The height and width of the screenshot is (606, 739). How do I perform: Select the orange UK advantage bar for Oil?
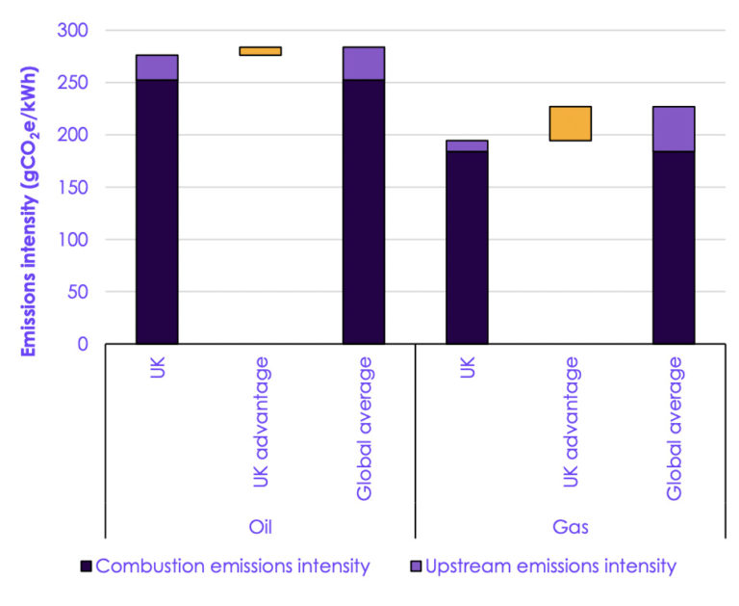(260, 51)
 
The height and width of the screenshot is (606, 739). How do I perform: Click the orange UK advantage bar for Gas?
(570, 123)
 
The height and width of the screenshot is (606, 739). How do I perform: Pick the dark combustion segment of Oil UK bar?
(157, 212)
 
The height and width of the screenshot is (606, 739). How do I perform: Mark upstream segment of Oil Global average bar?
(364, 63)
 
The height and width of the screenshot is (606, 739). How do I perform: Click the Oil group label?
(260, 527)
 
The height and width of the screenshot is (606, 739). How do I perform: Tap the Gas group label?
(570, 527)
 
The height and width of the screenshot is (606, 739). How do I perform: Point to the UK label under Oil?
(158, 367)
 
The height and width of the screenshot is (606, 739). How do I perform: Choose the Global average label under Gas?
(674, 429)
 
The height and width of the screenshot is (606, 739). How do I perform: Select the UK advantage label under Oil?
(261, 422)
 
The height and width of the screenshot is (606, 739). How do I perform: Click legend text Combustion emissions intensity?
(233, 566)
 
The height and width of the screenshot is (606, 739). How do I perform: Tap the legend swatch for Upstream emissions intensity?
(412, 566)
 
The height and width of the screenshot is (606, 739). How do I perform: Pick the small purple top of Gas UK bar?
(467, 145)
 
